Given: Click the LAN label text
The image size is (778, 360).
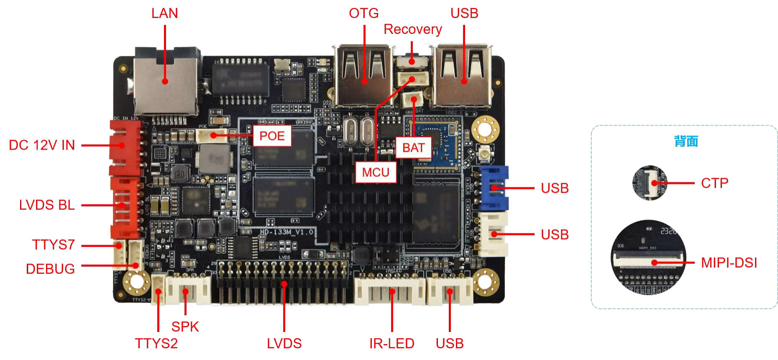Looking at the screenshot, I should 164,13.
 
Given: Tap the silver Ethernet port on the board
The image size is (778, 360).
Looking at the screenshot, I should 166,82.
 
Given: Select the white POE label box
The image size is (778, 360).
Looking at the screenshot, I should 272,136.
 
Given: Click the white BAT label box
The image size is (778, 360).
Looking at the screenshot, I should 413,148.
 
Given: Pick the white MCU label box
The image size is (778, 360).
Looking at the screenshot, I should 376,172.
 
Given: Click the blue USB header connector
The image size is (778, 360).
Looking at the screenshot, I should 494,188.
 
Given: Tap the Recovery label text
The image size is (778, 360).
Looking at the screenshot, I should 412,30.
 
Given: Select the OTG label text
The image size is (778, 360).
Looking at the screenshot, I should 363,14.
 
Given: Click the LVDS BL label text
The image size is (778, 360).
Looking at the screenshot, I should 48,205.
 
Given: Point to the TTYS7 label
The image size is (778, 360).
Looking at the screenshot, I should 53,245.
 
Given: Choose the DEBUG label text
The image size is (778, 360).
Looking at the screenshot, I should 51,268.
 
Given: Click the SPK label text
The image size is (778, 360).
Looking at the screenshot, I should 185,327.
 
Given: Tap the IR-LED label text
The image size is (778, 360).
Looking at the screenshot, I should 392,344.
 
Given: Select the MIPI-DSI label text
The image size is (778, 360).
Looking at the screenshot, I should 729,262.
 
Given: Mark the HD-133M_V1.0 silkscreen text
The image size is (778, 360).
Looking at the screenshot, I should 286,232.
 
